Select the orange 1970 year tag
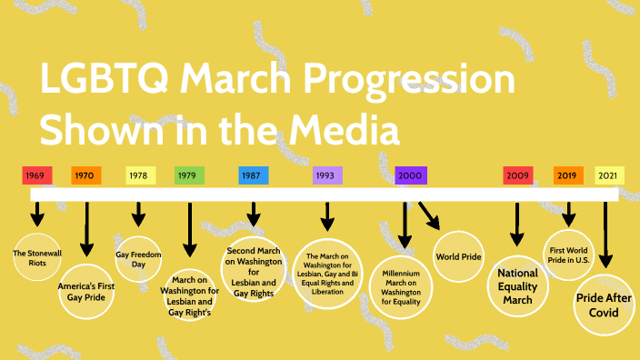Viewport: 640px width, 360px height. point(86,175)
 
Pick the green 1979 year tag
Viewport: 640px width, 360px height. point(189,175)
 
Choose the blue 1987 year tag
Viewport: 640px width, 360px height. point(253,175)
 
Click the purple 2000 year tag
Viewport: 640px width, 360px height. point(411,175)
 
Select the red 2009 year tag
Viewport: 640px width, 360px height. point(518,175)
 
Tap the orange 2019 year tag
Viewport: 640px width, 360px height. point(568,175)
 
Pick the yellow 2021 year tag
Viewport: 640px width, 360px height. point(609,175)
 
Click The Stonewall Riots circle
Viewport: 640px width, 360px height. point(37,256)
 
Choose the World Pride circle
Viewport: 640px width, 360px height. point(459,257)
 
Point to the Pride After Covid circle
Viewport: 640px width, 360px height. point(603,305)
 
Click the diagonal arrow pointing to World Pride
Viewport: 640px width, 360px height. point(429,215)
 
